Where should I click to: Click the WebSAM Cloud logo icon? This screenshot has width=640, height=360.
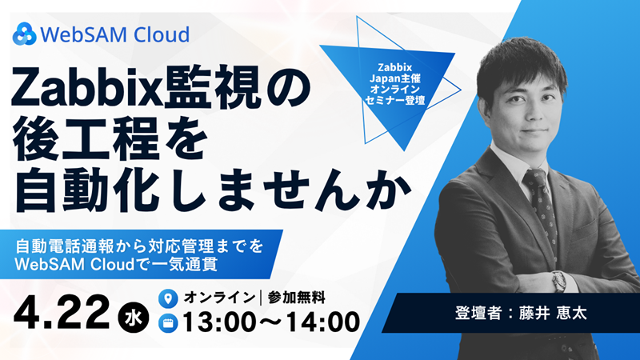[x=25, y=34]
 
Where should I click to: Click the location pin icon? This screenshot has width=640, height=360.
[x=167, y=298]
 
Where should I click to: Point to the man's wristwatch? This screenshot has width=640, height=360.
[x=558, y=281]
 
